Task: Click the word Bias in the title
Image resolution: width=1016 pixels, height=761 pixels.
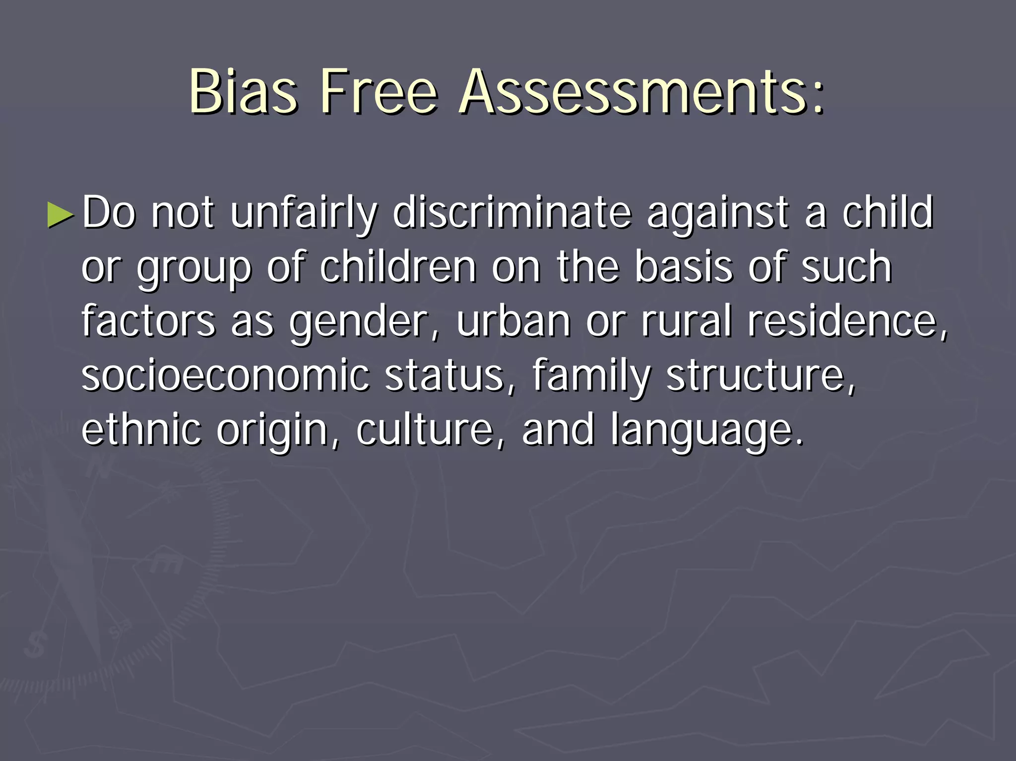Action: pyautogui.click(x=243, y=91)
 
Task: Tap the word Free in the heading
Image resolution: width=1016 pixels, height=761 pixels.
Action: pyautogui.click(x=380, y=91)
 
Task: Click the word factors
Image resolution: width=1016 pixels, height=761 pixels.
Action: pyautogui.click(x=148, y=321)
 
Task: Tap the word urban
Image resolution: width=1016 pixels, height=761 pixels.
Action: pyautogui.click(x=513, y=321)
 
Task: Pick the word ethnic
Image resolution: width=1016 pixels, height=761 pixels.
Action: pyautogui.click(x=141, y=429)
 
